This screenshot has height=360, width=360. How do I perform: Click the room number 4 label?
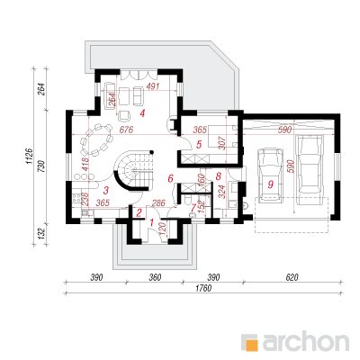[x=142, y=113]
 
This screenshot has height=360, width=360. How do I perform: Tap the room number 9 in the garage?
[x=271, y=184]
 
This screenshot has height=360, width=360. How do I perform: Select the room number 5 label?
[x=199, y=145]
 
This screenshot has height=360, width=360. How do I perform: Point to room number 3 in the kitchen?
[x=105, y=190]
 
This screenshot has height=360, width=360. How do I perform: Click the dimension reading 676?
[x=126, y=130]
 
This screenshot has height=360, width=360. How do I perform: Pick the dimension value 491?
[x=153, y=86]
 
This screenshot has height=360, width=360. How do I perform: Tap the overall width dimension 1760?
[x=203, y=289]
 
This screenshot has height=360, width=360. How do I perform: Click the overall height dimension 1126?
[x=29, y=156]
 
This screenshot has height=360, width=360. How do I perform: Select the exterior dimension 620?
[x=292, y=277]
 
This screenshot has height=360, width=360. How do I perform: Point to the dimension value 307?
[x=221, y=143]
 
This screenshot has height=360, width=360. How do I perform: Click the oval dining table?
[x=96, y=139]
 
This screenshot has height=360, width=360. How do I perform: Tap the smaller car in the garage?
[x=270, y=174]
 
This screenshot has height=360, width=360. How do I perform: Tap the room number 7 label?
[x=193, y=207]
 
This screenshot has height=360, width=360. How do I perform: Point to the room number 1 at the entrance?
[x=152, y=222]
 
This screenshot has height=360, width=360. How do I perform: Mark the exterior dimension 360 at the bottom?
[x=155, y=277]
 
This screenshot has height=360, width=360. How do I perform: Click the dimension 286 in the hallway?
[x=158, y=203]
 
